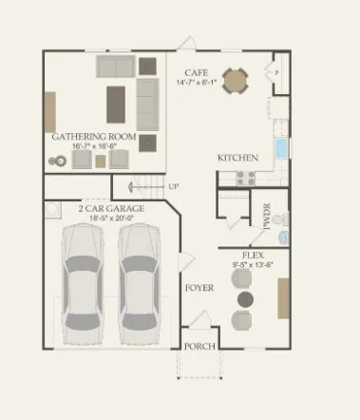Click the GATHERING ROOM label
(95, 137)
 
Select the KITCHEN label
(234, 158)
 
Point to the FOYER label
(199, 287)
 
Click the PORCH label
(199, 346)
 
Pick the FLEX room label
(254, 256)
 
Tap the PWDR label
(267, 217)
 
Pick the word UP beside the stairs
(173, 186)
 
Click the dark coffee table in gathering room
(118, 99)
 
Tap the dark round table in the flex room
(244, 299)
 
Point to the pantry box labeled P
(276, 72)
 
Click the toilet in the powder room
(283, 236)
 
